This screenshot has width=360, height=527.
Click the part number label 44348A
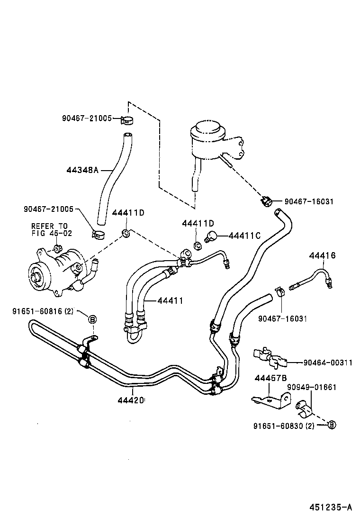pyautogui.click(x=82, y=169)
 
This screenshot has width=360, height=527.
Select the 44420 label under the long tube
pyautogui.click(x=131, y=400)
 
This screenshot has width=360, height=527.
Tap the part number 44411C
pyautogui.click(x=245, y=236)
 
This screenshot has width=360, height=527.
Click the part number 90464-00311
pyautogui.click(x=327, y=363)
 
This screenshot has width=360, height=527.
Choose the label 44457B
pyautogui.click(x=270, y=378)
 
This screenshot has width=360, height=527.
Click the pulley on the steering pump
pyautogui.click(x=36, y=275)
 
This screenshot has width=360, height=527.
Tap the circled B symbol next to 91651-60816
pyautogui.click(x=92, y=319)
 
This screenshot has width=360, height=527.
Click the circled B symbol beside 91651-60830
pyautogui.click(x=332, y=425)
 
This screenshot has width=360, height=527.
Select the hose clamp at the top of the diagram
pyautogui.click(x=126, y=119)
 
